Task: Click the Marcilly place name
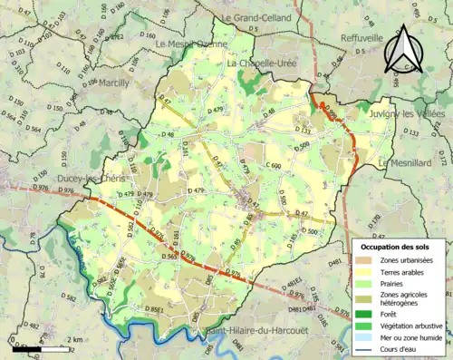pyautogui.click(x=106, y=83)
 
